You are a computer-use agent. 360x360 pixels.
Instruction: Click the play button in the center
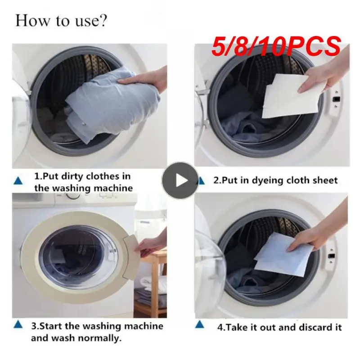pos(180,180)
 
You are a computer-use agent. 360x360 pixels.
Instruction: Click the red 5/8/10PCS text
pos(276,47)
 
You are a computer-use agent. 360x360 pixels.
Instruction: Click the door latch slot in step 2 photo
pos(335,98)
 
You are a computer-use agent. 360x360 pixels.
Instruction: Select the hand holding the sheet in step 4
pos(315,236)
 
